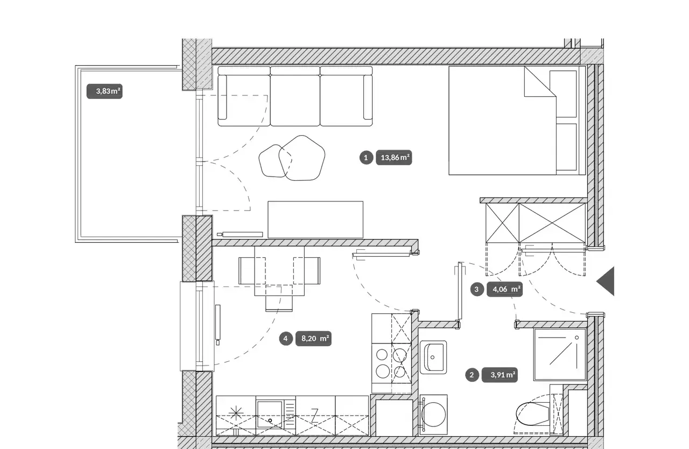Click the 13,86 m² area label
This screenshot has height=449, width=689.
click(x=393, y=158)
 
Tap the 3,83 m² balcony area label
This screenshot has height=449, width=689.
click(x=104, y=92)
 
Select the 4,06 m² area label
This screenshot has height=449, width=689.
click(x=504, y=290)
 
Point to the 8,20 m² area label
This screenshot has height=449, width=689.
click(x=313, y=339)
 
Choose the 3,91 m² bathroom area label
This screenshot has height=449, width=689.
click(x=500, y=375)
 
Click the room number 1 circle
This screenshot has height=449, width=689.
click(x=366, y=158)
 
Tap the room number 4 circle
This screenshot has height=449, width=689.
click(x=286, y=339)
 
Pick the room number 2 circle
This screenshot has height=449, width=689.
click(x=472, y=375)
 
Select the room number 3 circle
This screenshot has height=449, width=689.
click(x=477, y=290)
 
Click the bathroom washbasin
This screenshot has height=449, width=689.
click(x=433, y=357)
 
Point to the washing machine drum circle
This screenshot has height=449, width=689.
click(x=433, y=415)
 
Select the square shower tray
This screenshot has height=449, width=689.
click(x=560, y=355)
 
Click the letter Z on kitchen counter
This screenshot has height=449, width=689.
click(x=314, y=416)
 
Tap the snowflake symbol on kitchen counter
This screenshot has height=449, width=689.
click(x=236, y=413)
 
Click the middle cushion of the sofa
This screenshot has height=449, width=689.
click(x=296, y=96)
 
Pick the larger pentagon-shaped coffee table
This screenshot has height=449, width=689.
click(x=302, y=158)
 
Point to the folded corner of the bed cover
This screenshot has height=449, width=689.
click(x=540, y=82)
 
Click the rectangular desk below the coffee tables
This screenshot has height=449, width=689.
click(x=315, y=220)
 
